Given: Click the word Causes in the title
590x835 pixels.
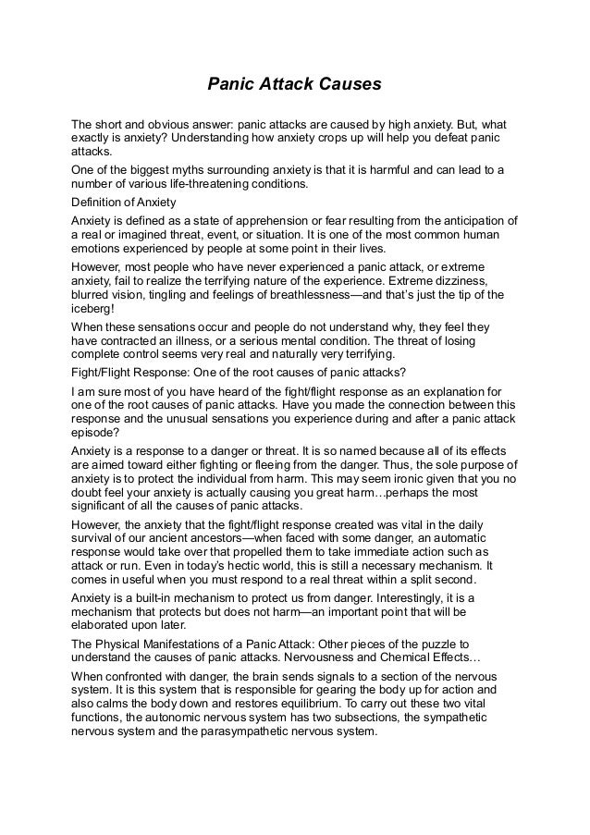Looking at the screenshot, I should (350, 85).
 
